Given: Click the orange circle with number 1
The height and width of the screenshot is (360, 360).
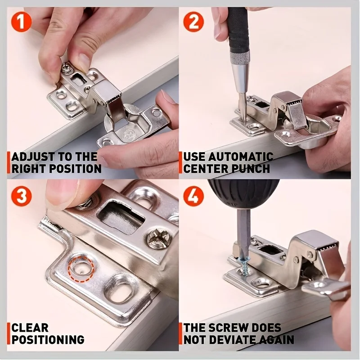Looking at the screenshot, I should coord(21,21).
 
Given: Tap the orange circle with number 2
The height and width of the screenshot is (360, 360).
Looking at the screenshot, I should coord(193,21).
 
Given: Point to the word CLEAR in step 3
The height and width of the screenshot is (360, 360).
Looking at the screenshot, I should coord(30,328).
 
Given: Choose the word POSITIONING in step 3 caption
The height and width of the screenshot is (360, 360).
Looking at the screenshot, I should coord(48,339).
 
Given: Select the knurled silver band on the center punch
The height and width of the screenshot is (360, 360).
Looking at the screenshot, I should coord(239,58).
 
